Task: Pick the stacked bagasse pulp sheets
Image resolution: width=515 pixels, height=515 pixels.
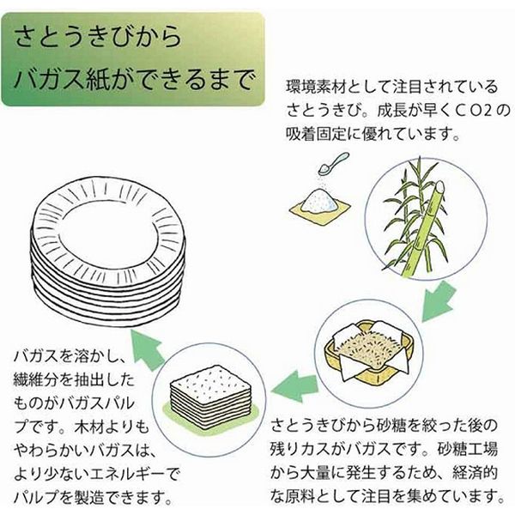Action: [211, 387]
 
